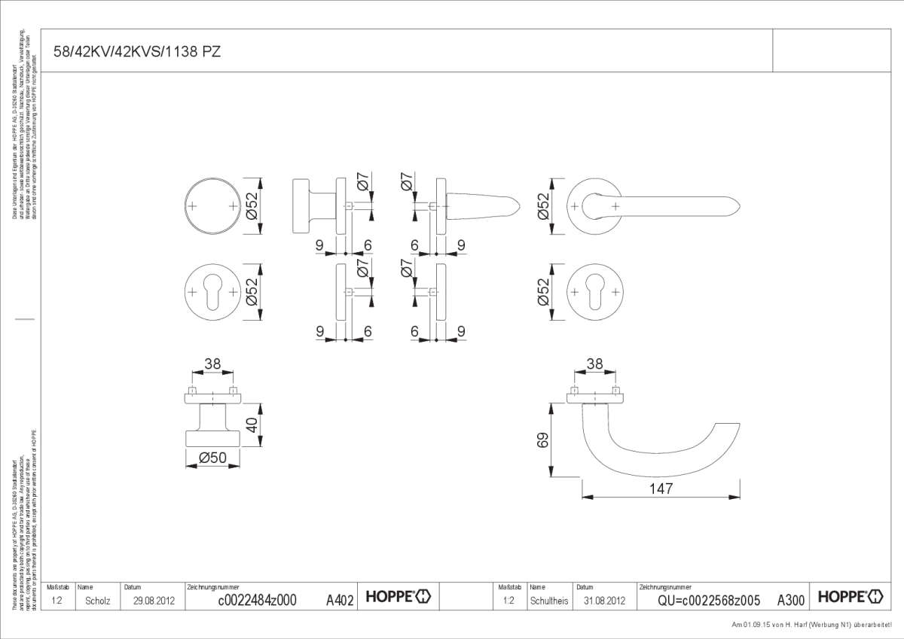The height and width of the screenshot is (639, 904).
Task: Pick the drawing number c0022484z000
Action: point(257,600)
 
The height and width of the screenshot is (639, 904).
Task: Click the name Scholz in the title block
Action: point(98,601)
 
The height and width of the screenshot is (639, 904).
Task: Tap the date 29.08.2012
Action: point(154,601)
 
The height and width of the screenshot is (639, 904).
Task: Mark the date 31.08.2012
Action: point(604,601)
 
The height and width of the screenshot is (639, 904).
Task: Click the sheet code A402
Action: point(340,600)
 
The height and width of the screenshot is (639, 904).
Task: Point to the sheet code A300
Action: point(790,600)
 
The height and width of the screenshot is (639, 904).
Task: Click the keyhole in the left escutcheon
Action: point(213,291)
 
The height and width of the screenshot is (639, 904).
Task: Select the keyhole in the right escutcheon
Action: point(596,291)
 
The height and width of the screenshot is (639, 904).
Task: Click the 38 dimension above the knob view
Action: point(212,364)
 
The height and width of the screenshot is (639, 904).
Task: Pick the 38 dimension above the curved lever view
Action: point(594,364)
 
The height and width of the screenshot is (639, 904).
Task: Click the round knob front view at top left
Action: point(213,205)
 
